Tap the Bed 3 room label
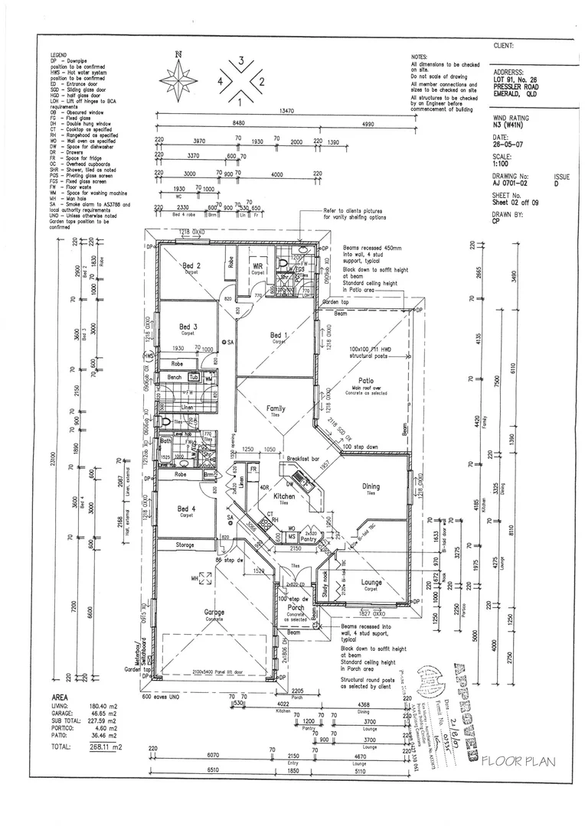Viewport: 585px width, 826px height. tap(188, 327)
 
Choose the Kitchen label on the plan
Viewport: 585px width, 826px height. tap(285, 496)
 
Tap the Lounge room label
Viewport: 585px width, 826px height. tap(371, 582)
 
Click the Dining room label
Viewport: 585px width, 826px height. tap(371, 486)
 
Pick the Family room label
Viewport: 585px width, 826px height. tap(276, 409)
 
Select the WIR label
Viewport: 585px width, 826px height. tap(258, 266)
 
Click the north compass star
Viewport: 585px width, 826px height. tap(178, 79)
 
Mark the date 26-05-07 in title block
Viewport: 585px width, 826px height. tap(507, 143)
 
